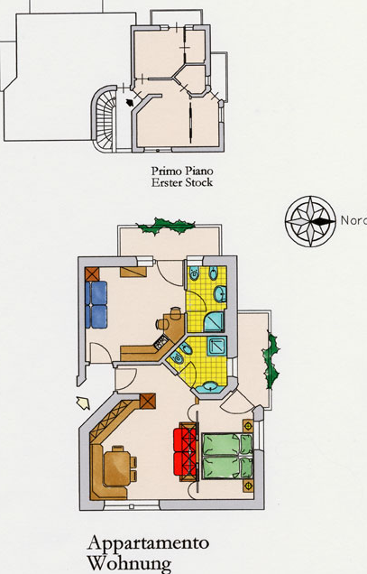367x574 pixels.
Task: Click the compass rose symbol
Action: click(310, 221)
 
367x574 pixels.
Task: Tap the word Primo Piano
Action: click(182, 171)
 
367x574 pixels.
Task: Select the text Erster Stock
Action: click(182, 182)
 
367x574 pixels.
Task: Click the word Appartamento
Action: click(148, 543)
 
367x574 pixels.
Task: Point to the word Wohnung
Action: click(129, 564)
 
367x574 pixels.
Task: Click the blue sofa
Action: click(96, 304)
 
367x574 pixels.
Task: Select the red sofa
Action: click(185, 452)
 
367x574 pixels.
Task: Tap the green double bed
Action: click(227, 456)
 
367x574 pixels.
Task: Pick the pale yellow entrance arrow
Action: click(83, 403)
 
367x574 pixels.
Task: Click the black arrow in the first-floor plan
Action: click(130, 103)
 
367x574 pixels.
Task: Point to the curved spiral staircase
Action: click(104, 118)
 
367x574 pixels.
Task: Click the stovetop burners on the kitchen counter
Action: click(161, 342)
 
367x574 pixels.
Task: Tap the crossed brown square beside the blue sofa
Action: click(92, 273)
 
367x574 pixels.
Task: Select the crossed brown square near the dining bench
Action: click(148, 402)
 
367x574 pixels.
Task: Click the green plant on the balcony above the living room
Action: click(166, 226)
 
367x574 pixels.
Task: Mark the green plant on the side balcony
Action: click(271, 360)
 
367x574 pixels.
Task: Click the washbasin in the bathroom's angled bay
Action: click(210, 386)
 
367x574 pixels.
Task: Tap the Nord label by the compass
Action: click(353, 220)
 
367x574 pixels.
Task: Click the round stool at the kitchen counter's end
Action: click(161, 324)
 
